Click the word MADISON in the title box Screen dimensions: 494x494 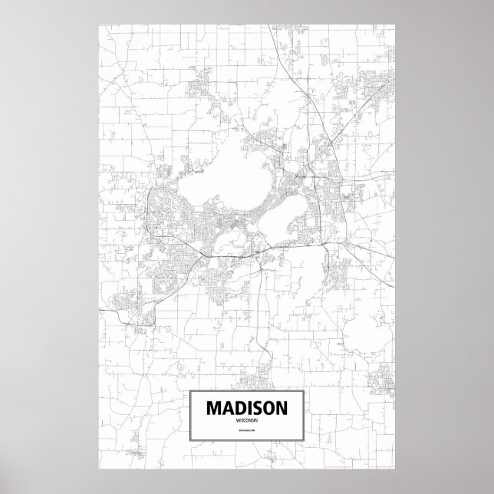click(x=247, y=410)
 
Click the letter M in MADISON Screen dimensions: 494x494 click(x=212, y=410)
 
